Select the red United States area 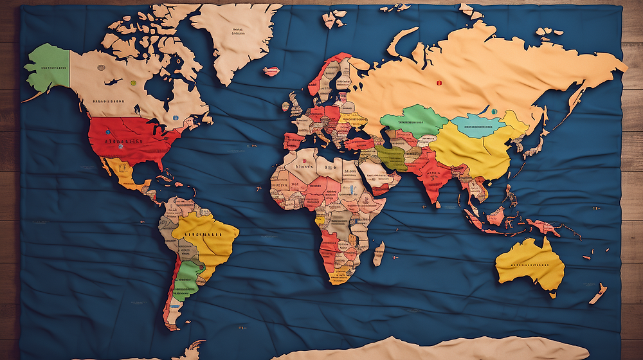129,139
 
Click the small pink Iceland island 271,71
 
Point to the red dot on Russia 440,83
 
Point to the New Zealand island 598,293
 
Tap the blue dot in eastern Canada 175,118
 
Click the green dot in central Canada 133,83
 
